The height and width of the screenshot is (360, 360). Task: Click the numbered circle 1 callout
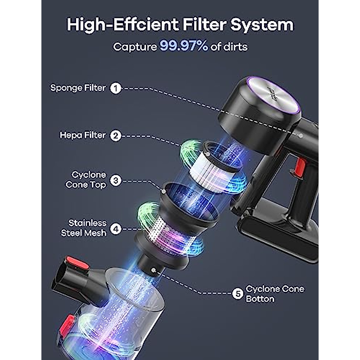point(115,88)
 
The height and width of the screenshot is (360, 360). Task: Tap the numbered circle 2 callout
point(115,136)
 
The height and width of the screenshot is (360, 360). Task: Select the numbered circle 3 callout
point(116,181)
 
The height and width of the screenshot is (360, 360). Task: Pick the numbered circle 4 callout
point(116,229)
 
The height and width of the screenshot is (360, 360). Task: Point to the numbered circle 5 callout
point(238,294)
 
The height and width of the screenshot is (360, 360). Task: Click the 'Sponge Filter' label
point(78,88)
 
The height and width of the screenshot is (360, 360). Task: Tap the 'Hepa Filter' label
point(83,135)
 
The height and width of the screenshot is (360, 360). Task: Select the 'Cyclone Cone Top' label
point(86,180)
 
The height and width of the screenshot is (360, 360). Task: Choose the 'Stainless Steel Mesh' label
point(84,228)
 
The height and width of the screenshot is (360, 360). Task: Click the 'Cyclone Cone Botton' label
point(274,294)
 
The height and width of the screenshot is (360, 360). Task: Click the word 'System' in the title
point(262,25)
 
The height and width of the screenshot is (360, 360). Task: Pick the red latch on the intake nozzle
point(77,262)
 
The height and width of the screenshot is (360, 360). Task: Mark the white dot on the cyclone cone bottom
point(154,270)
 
